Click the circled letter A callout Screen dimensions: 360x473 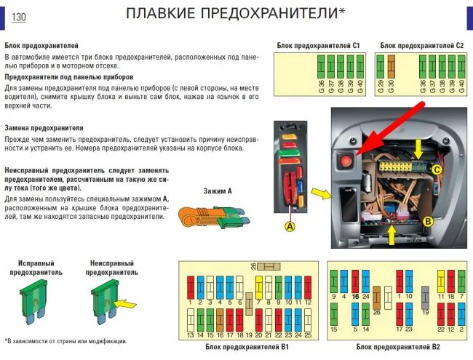click(290, 227)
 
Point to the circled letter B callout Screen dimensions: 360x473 click(428, 221)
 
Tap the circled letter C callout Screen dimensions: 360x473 click(437, 169)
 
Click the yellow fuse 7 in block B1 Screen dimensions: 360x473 click(258, 284)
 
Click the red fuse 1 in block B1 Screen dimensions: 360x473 click(191, 284)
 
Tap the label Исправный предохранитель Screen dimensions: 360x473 click(36, 267)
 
